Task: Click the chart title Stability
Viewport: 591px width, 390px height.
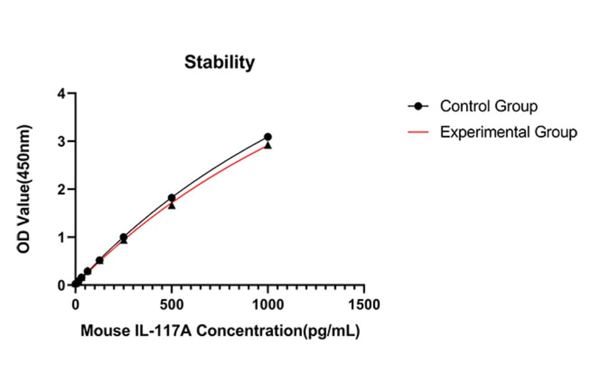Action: click(x=219, y=62)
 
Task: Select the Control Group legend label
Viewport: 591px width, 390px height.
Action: click(x=489, y=106)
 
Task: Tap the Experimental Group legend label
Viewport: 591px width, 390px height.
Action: click(x=508, y=132)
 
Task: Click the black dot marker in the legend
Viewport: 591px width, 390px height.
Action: click(x=418, y=106)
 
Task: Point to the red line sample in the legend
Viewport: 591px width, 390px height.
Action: click(x=418, y=133)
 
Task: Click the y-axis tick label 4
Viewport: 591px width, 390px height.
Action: click(x=62, y=93)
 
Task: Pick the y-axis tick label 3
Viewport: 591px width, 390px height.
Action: click(x=62, y=141)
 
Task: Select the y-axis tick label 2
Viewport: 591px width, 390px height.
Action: click(x=62, y=189)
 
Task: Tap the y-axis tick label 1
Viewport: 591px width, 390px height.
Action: click(x=62, y=237)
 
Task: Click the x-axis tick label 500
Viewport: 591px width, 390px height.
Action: click(x=171, y=305)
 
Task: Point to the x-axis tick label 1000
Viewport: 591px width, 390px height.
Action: click(x=267, y=305)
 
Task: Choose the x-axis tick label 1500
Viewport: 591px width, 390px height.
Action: click(x=364, y=305)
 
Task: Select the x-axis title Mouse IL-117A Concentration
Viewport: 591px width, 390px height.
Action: click(x=219, y=331)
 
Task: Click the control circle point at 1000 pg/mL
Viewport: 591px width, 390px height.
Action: click(x=268, y=137)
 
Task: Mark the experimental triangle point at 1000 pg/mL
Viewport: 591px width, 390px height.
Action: click(x=268, y=145)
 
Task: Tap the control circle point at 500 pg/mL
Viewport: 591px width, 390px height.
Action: click(x=171, y=198)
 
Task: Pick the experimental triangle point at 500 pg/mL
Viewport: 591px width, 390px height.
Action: click(x=171, y=206)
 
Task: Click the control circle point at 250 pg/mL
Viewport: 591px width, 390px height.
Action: click(x=123, y=237)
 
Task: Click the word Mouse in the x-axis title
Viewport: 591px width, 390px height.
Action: click(x=102, y=331)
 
